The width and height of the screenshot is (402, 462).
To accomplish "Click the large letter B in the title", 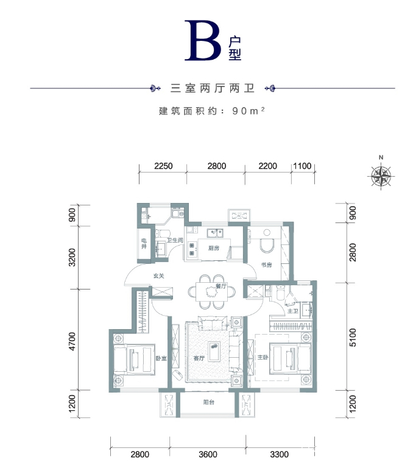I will coord(203,41).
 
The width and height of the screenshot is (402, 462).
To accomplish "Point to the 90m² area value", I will coord(250,112).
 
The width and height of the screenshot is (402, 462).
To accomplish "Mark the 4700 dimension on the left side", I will coord(72,341).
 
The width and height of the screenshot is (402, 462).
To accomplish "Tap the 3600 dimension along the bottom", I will coord(207,454).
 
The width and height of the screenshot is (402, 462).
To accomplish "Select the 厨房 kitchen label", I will coord(213,248).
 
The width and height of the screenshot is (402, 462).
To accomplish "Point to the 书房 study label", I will coord(266,265).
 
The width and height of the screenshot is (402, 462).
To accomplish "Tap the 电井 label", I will coord(144,244).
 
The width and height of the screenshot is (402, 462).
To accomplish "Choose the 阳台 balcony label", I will coord(208,402).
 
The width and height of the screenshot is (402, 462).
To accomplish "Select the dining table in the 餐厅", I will coord(213,291).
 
